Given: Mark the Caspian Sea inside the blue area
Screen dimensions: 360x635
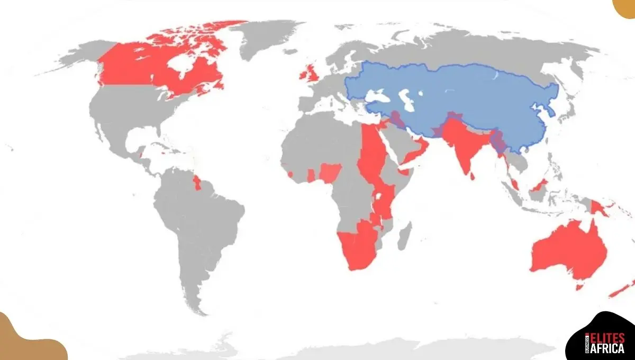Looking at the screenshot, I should (x=405, y=98).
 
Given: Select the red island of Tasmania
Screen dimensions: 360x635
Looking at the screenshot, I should (x=579, y=287).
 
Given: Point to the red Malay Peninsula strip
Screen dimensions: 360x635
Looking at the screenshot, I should (x=513, y=183).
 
